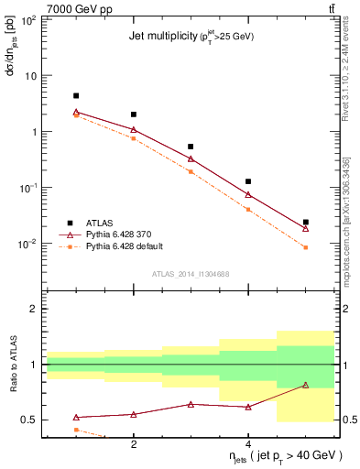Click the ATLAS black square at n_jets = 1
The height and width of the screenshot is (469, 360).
76,95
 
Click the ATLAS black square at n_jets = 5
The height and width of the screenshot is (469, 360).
305,222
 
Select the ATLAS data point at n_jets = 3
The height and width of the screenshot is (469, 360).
191,147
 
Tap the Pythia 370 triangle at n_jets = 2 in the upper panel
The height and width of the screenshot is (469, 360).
134,130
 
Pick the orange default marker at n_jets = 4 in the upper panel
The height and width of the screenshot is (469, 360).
248,210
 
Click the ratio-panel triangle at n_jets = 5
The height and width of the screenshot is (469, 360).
305,386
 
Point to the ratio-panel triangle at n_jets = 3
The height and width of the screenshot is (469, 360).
191,404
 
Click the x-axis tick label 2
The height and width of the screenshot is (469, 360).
134,443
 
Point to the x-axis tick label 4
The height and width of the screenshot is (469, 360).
248,443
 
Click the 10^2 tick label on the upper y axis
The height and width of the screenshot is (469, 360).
29,20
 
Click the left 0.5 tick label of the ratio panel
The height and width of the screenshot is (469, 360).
31,420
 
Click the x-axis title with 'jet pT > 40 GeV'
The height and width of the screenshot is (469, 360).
285,456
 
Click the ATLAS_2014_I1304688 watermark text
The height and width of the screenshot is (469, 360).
191,273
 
